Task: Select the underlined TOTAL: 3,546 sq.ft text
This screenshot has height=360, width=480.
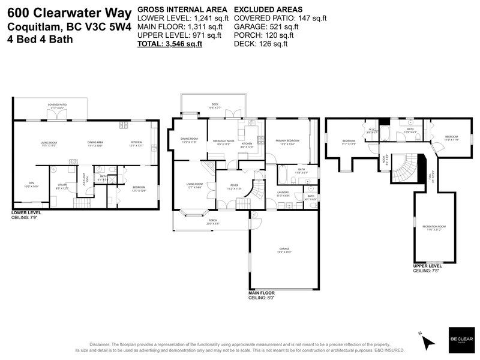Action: click(170, 44)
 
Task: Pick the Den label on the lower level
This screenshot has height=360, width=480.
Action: click(32, 184)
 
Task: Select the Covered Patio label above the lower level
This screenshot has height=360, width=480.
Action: click(58, 105)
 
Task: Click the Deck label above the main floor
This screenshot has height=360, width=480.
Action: click(214, 106)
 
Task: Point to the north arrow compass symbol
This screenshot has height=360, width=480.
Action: click(427, 341)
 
